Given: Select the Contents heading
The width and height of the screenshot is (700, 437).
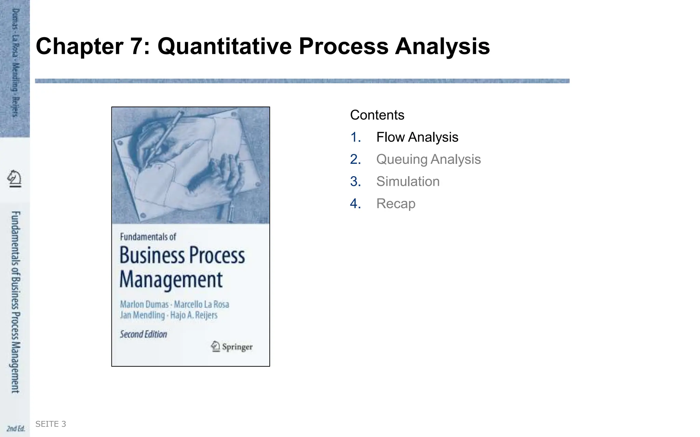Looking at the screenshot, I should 377,115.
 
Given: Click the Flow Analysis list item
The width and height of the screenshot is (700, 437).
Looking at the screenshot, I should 417,137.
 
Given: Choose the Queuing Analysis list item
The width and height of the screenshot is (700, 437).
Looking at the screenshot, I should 428,159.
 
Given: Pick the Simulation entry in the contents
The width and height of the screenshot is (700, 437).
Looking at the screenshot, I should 408,182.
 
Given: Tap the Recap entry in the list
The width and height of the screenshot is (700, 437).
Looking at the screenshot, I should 396,204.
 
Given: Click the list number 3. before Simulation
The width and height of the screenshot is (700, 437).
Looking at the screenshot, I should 355,182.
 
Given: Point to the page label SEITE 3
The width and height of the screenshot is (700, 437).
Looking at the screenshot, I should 51,424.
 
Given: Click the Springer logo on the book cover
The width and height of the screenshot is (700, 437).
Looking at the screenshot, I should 232,347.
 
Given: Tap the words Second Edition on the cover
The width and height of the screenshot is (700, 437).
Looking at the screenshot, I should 144,334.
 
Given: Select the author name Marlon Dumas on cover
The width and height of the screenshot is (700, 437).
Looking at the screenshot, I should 144,304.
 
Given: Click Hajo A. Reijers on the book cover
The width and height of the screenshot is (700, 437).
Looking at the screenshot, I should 194,315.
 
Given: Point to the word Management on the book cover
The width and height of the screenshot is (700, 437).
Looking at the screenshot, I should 171,280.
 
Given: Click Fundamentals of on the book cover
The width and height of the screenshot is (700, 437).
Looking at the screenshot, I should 148,237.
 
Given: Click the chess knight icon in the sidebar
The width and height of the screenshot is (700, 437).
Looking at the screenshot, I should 14,179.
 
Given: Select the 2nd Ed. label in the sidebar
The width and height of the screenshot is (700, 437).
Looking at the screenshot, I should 16,428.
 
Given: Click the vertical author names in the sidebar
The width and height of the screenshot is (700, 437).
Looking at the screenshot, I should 15,63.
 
